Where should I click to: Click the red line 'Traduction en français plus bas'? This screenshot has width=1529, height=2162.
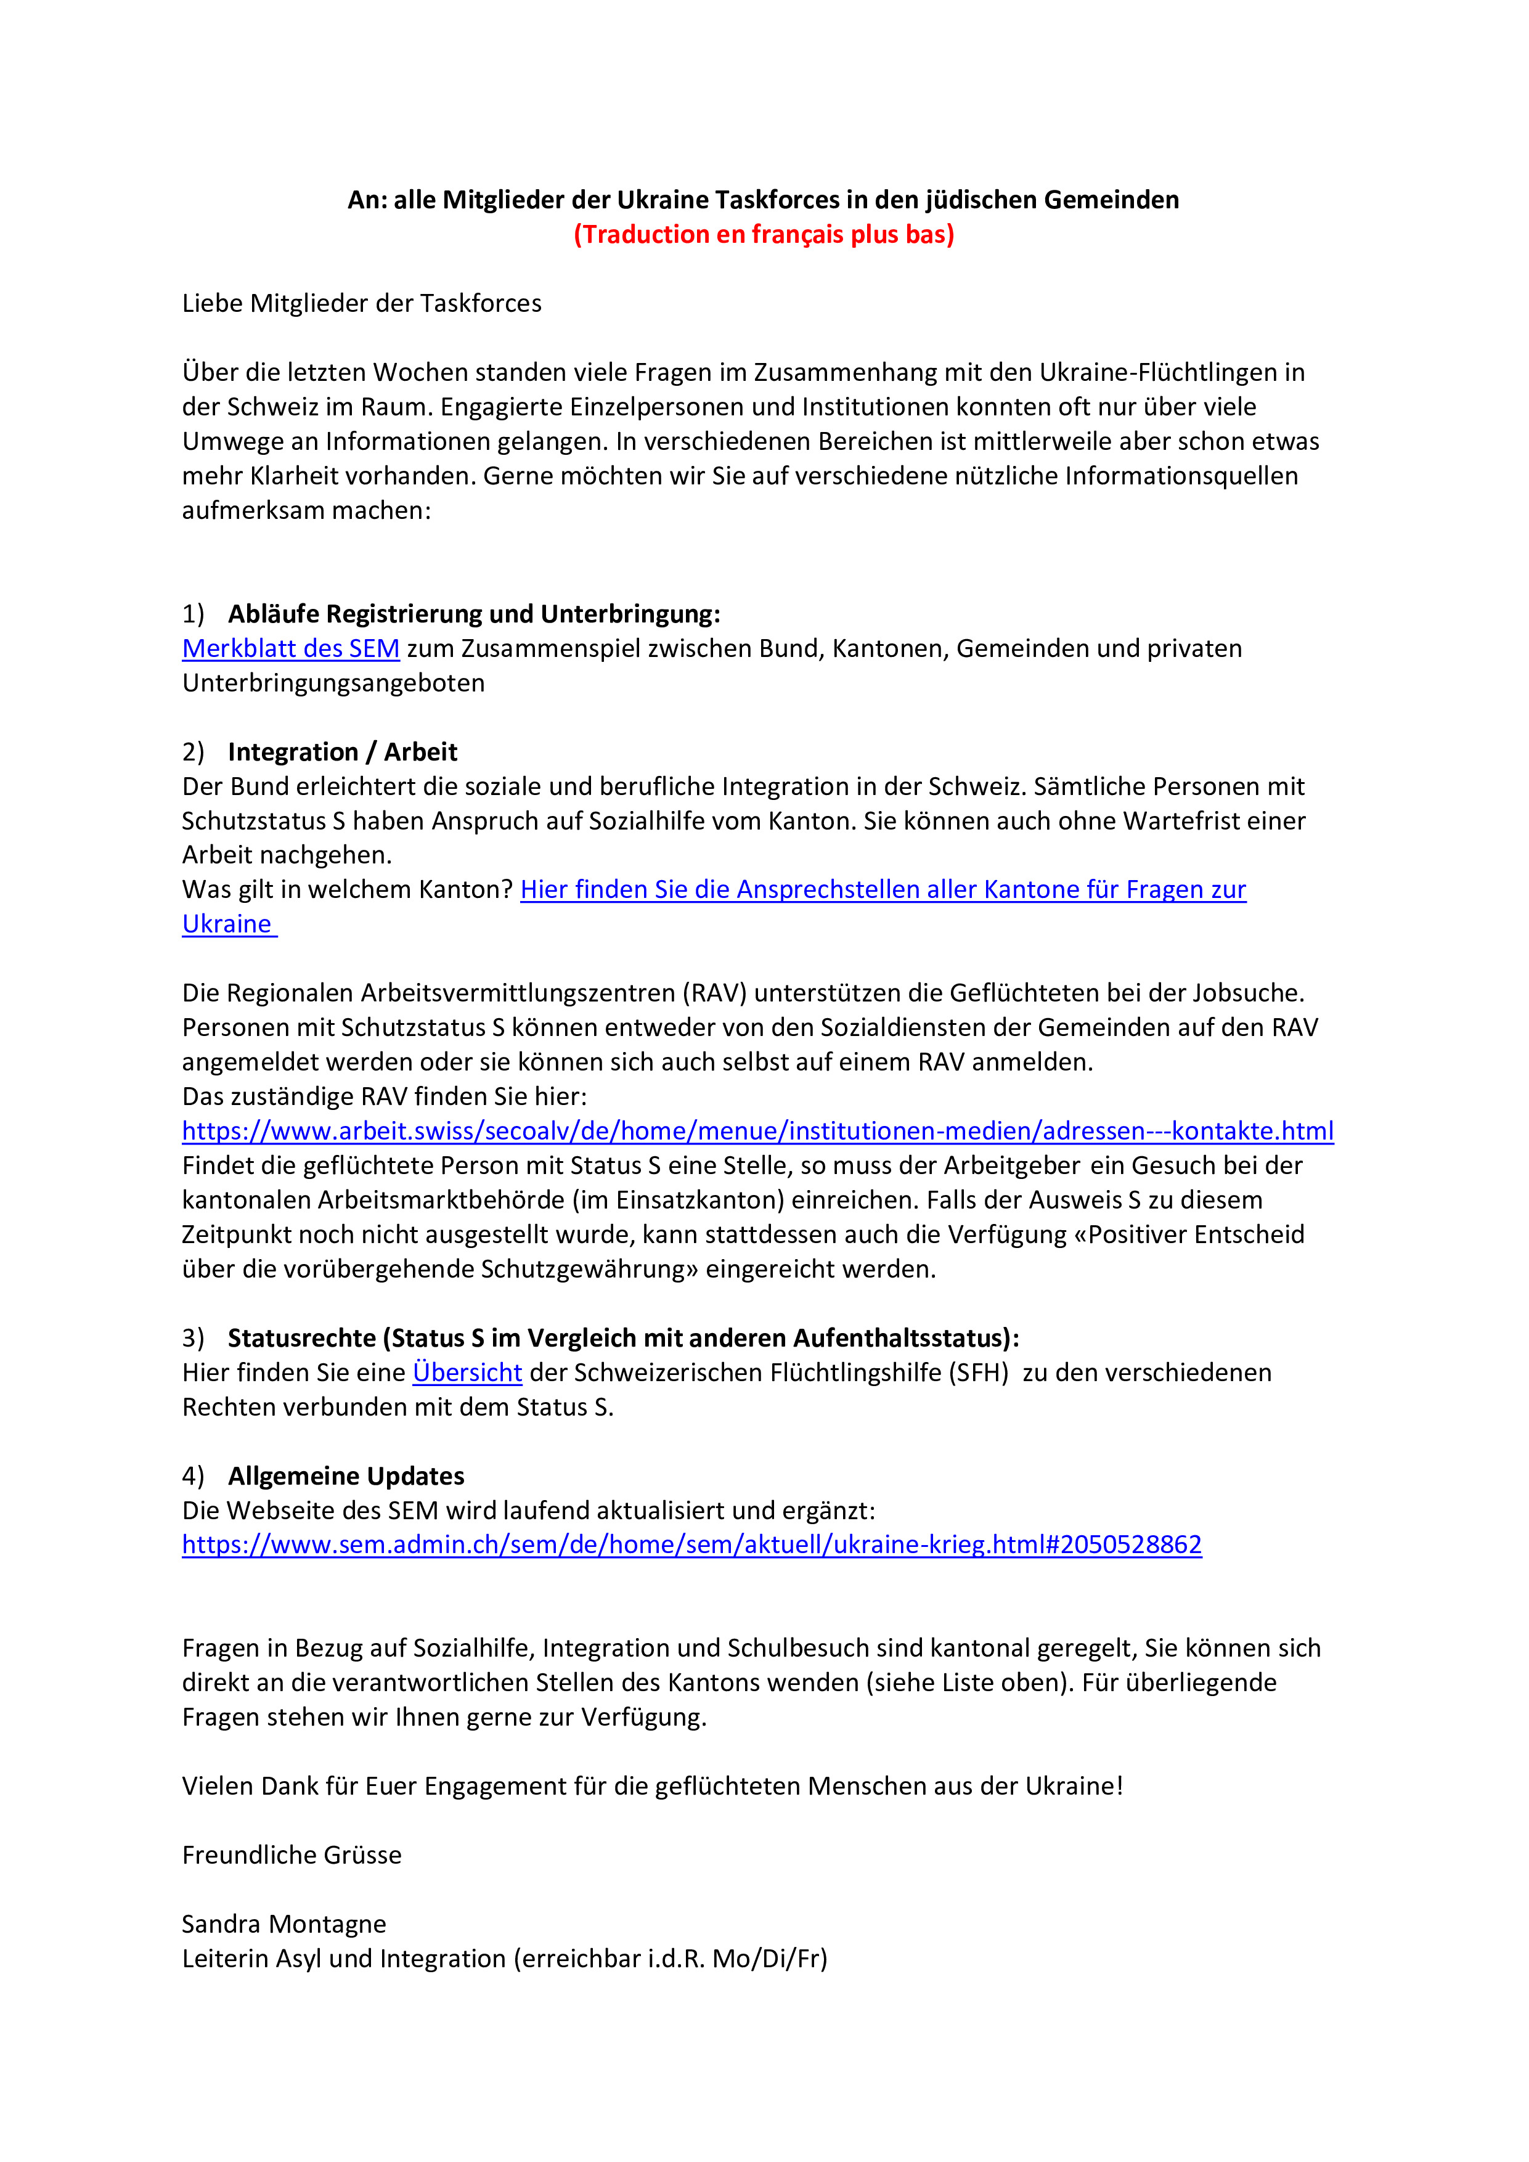(764, 234)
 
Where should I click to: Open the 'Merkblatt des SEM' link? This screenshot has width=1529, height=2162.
(291, 649)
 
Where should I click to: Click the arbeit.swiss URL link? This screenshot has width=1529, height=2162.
(757, 1131)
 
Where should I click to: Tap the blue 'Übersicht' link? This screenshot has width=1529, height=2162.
(467, 1373)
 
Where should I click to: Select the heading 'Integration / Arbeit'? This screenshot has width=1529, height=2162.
(342, 753)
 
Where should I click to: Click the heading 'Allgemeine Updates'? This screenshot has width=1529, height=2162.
(346, 1477)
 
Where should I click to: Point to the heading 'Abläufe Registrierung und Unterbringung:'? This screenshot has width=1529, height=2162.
(473, 614)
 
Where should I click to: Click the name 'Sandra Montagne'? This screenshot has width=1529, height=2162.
(283, 1923)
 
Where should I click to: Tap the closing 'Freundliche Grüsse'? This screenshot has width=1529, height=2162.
(292, 1855)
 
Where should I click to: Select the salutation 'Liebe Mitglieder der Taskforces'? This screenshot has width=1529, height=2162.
(362, 303)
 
